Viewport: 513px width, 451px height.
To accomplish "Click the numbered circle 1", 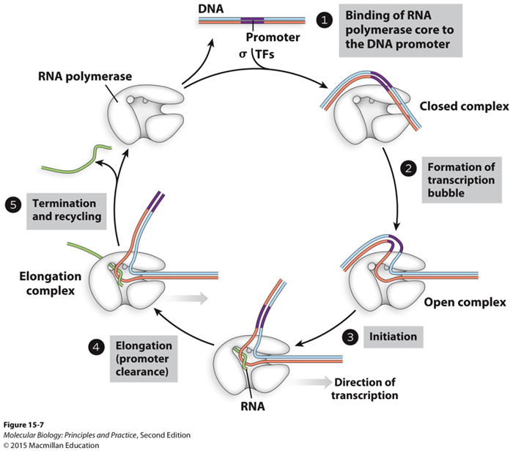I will tap(325, 20).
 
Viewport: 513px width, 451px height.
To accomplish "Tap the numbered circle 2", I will tap(410, 167).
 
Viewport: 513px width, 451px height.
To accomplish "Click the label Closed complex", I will tap(464, 106).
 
